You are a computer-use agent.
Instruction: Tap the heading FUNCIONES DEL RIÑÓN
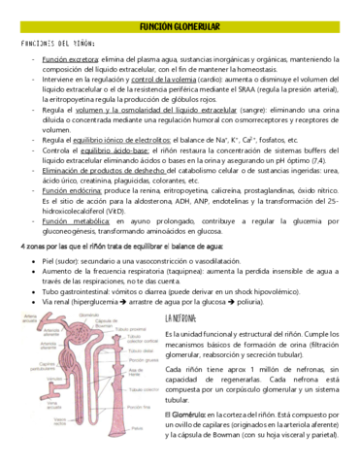55,45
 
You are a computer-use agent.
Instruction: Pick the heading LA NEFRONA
186,317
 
